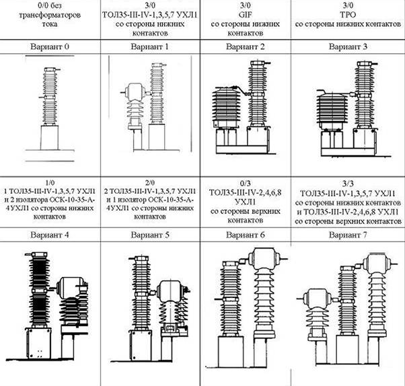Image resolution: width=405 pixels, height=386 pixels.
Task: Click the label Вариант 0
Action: pyautogui.click(x=50, y=46)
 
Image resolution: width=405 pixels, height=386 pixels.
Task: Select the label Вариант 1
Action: pyautogui.click(x=150, y=46)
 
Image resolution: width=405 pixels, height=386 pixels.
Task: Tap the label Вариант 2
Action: pyautogui.click(x=246, y=46)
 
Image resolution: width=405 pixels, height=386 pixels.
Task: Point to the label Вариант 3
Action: pyautogui.click(x=348, y=46)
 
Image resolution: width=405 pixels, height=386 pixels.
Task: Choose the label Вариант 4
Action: pyautogui.click(x=50, y=235)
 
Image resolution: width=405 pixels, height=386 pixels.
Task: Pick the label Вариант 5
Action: pyautogui.click(x=150, y=235)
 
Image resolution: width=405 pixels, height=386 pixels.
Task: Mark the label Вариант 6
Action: pyautogui.click(x=246, y=235)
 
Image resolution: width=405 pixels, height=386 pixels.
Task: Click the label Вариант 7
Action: pyautogui.click(x=348, y=235)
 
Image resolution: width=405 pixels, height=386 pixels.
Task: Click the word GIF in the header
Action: pyautogui.click(x=245, y=15)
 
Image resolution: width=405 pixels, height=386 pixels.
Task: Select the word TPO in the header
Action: pyautogui.click(x=348, y=15)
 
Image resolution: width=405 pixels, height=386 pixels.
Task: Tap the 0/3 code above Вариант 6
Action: pyautogui.click(x=245, y=184)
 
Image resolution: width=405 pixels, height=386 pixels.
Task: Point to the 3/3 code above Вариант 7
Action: pyautogui.click(x=348, y=184)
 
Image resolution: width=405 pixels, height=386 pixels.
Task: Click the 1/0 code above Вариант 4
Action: pyautogui.click(x=50, y=183)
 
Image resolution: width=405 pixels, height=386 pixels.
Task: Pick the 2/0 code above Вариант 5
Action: pyautogui.click(x=150, y=183)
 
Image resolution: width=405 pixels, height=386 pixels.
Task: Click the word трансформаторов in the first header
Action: pyautogui.click(x=50, y=15)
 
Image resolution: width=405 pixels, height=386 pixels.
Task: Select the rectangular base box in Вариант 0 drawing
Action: pyautogui.click(x=49, y=138)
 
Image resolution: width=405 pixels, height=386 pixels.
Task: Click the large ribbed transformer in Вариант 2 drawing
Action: pyautogui.click(x=227, y=108)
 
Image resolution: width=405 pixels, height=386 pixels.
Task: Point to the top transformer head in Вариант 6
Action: pyautogui.click(x=264, y=258)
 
